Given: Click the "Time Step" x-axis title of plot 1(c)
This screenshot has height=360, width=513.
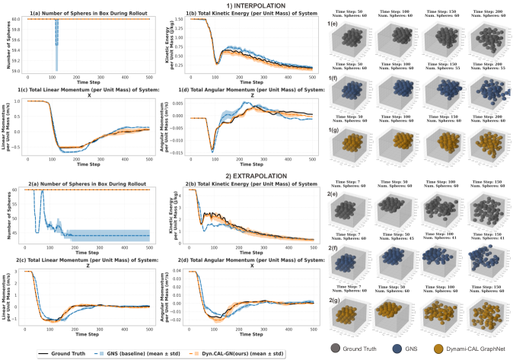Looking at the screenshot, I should [x=89, y=164].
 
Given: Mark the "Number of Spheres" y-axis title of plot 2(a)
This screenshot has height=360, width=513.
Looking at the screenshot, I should [x=6, y=216].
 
